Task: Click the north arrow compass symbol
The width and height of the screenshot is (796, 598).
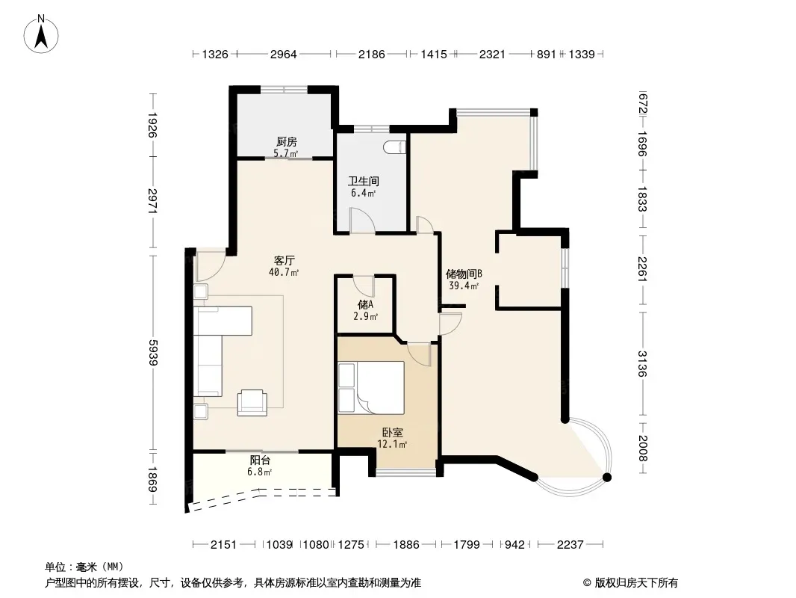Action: coord(41,34)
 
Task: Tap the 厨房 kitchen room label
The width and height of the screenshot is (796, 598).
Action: coord(287,142)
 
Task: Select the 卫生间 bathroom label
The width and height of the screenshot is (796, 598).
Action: coord(364,182)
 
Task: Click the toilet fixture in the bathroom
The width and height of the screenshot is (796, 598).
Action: coord(396,147)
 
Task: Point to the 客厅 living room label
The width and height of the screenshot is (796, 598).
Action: coord(284,261)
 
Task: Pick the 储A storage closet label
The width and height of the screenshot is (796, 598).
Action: coord(365,304)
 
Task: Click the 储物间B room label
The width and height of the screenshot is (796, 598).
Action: coord(464,274)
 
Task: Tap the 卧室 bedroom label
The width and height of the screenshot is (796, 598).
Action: coord(393,432)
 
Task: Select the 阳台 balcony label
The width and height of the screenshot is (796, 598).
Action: coord(260,460)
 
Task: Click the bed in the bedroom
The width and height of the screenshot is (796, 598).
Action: coord(371,387)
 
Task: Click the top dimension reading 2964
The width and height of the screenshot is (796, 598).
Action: coord(283,54)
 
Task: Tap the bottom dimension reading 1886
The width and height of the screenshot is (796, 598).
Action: coord(406,545)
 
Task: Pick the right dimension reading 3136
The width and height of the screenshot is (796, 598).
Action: coord(643,364)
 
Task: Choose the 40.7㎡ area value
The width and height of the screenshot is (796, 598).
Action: coord(284,272)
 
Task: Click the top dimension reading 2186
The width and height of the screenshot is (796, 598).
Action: coord(372,54)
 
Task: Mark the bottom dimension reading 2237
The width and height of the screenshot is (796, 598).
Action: coord(570,545)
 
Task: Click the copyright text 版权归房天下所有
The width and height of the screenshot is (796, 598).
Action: coord(636,583)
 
